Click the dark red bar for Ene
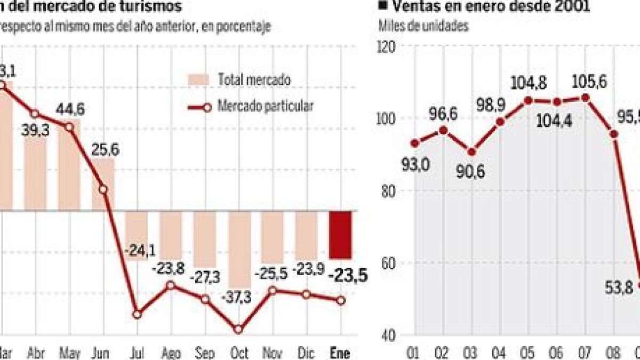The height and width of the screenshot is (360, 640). coord(340,235)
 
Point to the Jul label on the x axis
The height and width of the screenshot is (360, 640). coord(137,353)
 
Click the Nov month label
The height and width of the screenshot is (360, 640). coord(272,353)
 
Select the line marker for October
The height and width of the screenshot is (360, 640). coord(238,330)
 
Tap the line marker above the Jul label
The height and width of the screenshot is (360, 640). coord(137,314)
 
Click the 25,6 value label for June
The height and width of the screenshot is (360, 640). coord(105,150)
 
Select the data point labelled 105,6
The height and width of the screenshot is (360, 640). coord(585,98)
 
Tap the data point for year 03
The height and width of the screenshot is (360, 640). coord(471,152)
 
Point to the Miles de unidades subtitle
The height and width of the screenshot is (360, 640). coord(423,25)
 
